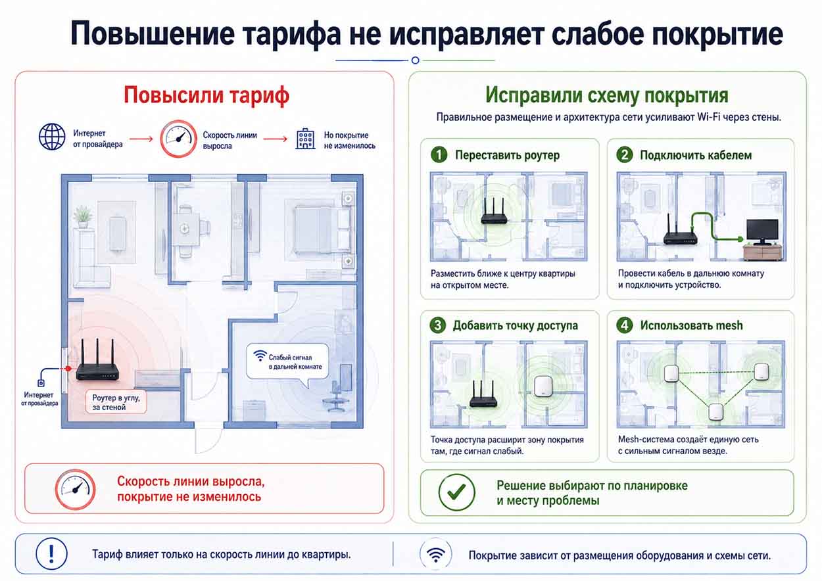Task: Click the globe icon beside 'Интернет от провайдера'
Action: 52,137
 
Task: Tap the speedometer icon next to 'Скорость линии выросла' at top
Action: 178,139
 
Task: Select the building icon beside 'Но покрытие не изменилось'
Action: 305,139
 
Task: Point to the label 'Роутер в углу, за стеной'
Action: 116,402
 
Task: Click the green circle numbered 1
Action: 439,154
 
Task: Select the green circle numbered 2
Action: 625,154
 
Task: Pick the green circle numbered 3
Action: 437,325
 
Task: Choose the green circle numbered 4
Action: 625,325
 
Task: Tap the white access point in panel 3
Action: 543,386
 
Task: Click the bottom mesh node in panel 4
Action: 715,412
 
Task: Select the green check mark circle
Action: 456,492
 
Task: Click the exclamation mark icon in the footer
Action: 51,553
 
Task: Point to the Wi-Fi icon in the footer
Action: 436,554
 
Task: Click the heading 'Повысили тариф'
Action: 206,95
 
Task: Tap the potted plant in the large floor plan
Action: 83,217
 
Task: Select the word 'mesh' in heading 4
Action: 728,326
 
